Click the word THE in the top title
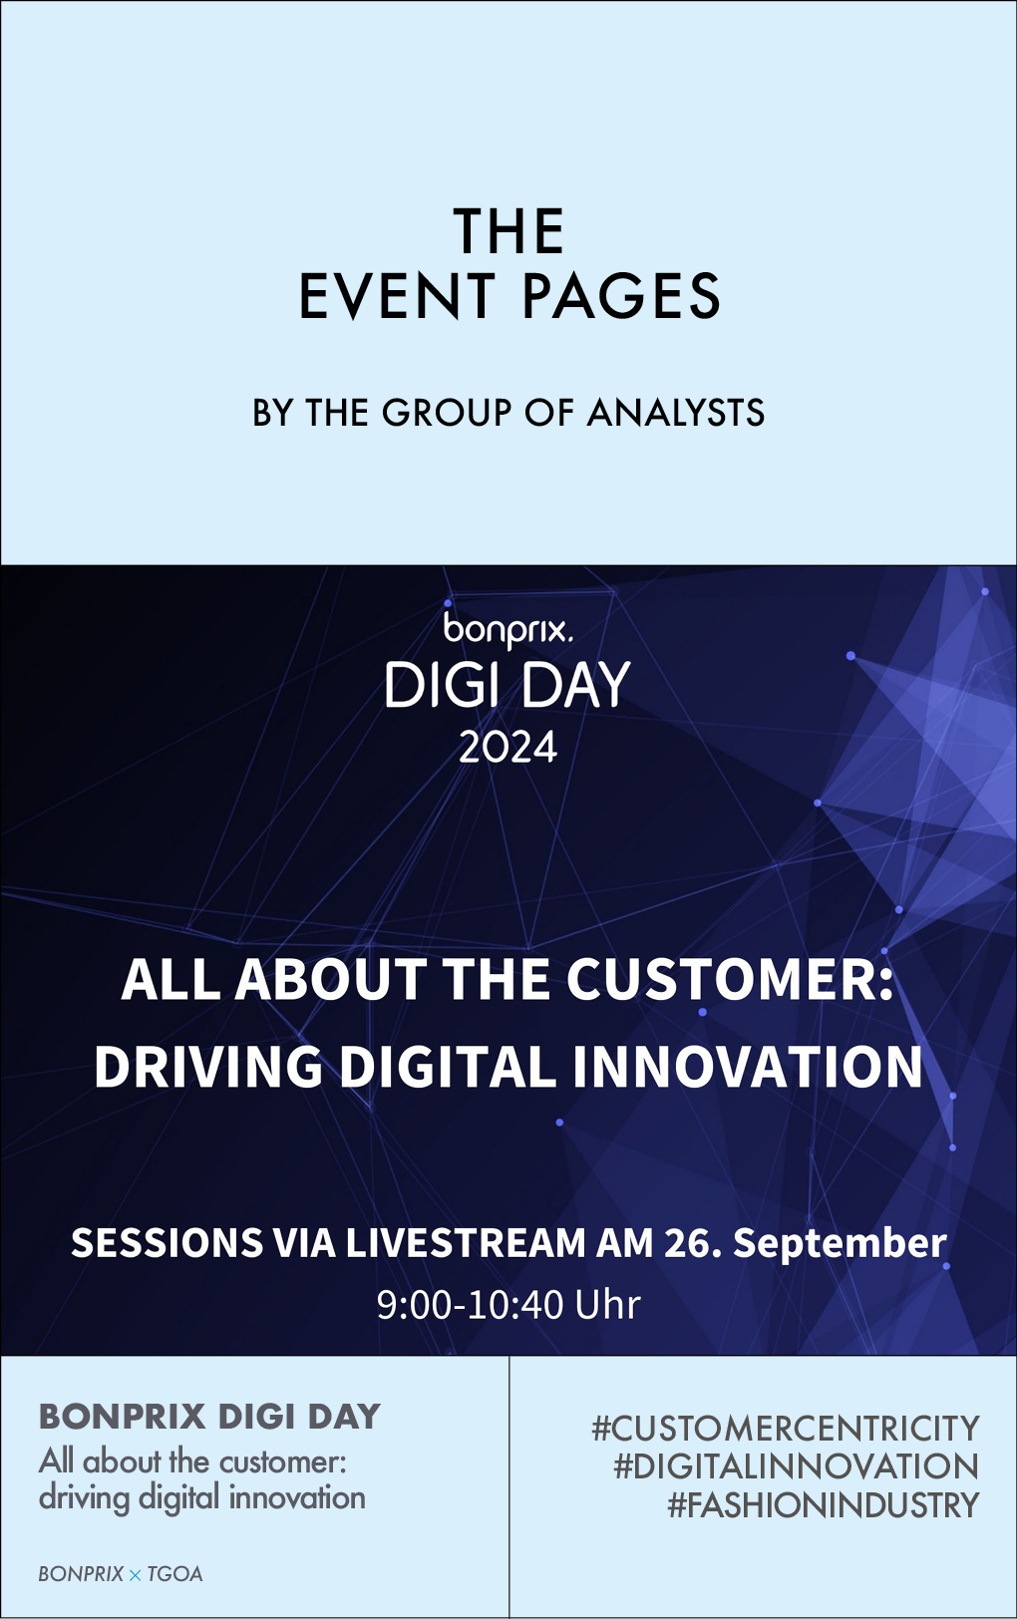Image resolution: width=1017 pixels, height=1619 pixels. pos(508,231)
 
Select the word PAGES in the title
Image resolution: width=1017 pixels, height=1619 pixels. pos(621,296)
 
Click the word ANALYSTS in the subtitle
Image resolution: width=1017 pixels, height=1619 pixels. pos(676,413)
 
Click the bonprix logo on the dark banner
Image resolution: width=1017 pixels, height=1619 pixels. pos(508,630)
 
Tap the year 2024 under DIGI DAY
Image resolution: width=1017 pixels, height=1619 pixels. pos(508,748)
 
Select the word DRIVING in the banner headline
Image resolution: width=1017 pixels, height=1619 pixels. pos(209,1066)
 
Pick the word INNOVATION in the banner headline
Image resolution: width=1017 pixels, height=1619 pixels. pos(748,1066)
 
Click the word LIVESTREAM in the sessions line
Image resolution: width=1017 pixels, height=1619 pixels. pos(466,1242)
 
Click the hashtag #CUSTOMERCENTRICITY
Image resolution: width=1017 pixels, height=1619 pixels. pos(786,1429)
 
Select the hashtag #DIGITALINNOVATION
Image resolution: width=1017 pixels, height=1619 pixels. pos(797,1466)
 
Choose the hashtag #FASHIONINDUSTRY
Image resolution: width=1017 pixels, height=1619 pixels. pos(824,1504)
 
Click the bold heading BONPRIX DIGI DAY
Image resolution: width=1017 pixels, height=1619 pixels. pos(209,1417)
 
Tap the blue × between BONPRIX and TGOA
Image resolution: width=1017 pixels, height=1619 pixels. pos(136,1574)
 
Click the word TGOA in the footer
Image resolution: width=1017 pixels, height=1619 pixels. pos(174,1574)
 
